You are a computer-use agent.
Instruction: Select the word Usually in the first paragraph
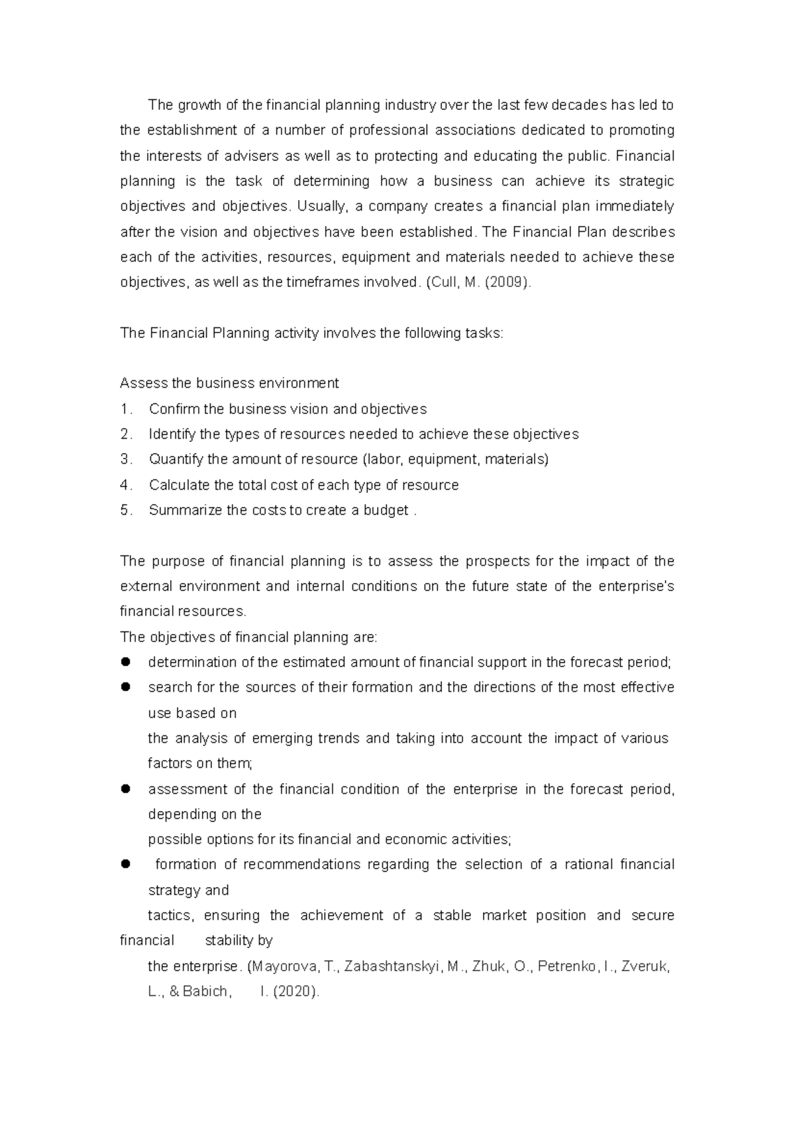click(321, 207)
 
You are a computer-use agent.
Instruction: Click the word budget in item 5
click(386, 511)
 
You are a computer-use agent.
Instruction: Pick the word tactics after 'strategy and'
click(170, 916)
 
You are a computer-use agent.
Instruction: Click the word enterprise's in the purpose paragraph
click(636, 586)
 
